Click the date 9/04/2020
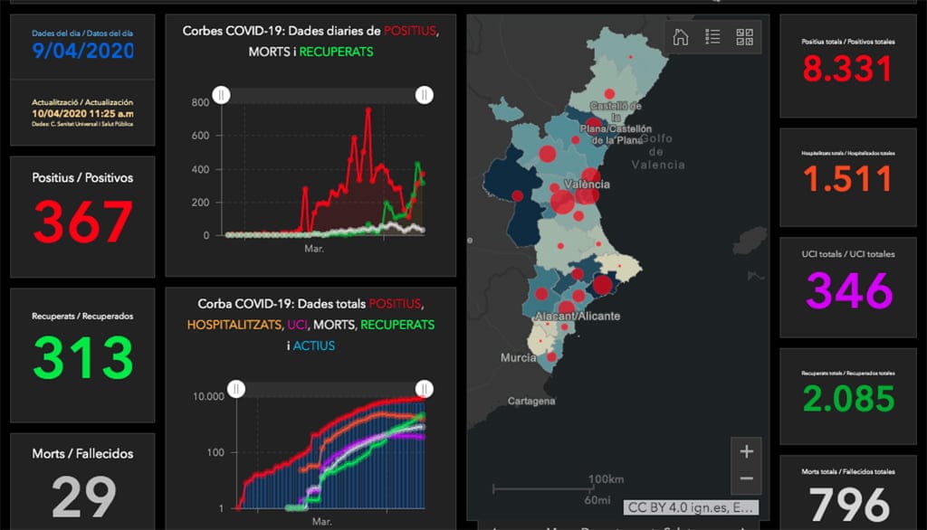tap(82, 51)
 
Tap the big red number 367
tap(82, 222)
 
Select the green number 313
tap(82, 358)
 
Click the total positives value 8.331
tap(847, 70)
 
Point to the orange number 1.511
tap(847, 179)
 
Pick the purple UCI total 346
tap(848, 290)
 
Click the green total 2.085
tap(847, 399)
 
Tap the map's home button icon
tap(681, 37)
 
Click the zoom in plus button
tap(746, 450)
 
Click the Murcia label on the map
tap(519, 358)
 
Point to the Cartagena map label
tap(531, 400)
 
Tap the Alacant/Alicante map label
tap(577, 317)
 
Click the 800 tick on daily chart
tap(200, 102)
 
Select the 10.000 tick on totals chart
tap(211, 396)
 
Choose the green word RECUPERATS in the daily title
tap(336, 52)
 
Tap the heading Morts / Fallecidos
tap(82, 453)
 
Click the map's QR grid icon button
tap(745, 37)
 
